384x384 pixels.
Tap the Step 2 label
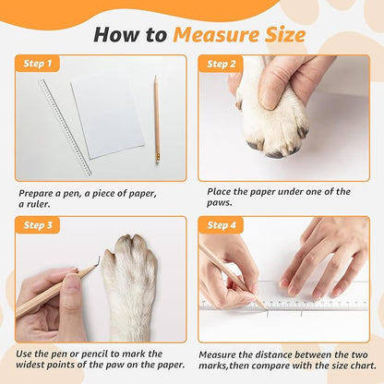point(222,64)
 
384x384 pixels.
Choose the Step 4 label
point(222,224)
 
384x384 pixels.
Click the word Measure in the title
point(215,35)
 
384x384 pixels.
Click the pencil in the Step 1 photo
point(156,120)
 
